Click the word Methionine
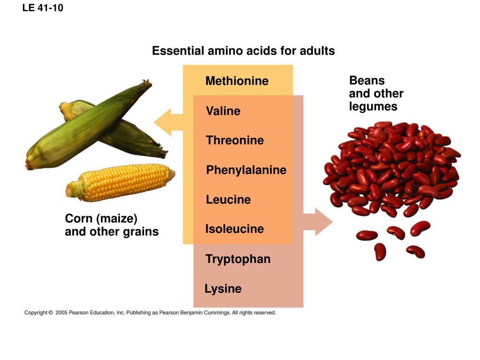click(x=237, y=81)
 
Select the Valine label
click(x=223, y=111)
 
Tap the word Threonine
click(x=235, y=140)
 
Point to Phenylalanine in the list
click(x=246, y=170)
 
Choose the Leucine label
click(x=228, y=200)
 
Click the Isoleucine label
click(x=234, y=229)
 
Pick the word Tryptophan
click(x=238, y=259)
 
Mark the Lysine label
click(x=223, y=289)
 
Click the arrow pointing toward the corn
click(x=168, y=122)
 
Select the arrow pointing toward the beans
click(x=318, y=222)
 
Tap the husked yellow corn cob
click(x=120, y=182)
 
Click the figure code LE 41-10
click(x=43, y=7)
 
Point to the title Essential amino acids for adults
click(x=243, y=51)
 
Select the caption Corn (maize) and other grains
click(x=112, y=225)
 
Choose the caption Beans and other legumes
click(x=376, y=93)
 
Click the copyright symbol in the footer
click(x=51, y=313)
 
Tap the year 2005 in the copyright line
click(x=61, y=313)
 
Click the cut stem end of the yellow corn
click(x=69, y=190)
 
